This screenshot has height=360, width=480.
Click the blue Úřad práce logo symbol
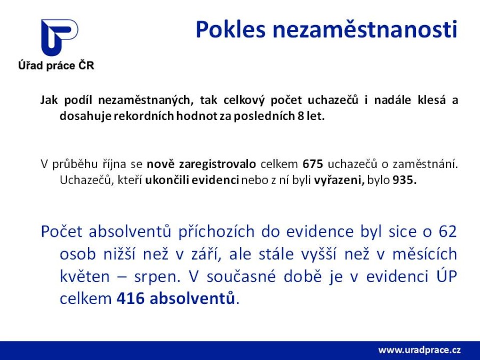(x=59, y=37)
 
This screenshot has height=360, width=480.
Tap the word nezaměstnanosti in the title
(x=365, y=30)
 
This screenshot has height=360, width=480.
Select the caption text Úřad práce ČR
(x=56, y=66)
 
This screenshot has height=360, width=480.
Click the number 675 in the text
(x=313, y=164)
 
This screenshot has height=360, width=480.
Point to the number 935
(x=404, y=180)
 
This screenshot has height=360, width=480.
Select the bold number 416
(x=130, y=299)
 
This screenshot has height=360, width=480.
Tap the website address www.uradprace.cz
(x=419, y=350)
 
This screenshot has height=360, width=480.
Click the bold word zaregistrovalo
(x=218, y=164)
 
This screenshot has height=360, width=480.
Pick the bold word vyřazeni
(x=339, y=181)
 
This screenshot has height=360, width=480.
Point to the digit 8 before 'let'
(x=301, y=116)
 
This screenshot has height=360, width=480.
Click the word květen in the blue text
(x=84, y=277)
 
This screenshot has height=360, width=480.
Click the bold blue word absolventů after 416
(x=193, y=299)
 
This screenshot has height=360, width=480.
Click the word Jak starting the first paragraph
(x=49, y=100)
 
